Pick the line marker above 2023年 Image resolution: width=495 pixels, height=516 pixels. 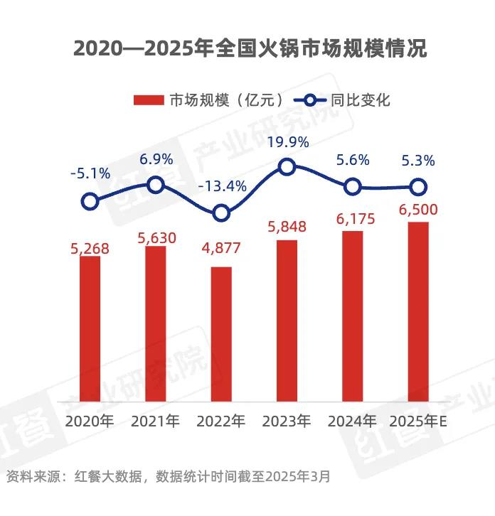pos(287,167)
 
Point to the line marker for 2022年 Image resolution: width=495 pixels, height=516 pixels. pos(221,213)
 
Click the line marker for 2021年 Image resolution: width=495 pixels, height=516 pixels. pos(156,186)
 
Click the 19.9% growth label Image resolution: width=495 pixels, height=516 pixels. pos(288,142)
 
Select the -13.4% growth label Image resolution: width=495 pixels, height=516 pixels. pos(222,187)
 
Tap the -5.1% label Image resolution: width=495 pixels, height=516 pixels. pos(90,173)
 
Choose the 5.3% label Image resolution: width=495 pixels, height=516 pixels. pos(417,161)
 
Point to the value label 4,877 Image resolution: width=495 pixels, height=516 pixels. pos(221,249)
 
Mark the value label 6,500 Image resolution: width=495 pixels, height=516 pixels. pos(418,210)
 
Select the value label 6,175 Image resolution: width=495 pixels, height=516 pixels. pos(353,219)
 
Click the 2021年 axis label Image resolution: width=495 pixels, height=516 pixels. pos(156,421)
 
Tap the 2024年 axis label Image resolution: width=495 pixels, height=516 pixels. pos(353,421)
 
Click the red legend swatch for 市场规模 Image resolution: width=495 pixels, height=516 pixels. pos(149,100)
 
